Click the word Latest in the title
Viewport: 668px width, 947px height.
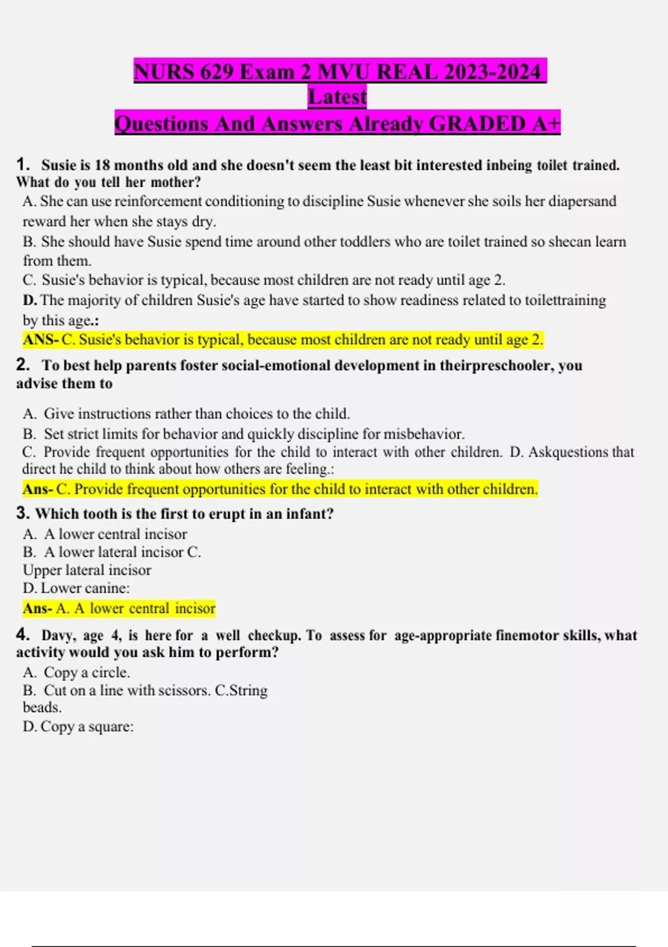tap(337, 97)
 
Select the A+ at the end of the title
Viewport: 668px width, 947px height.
tap(546, 123)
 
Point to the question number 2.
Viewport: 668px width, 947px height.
tap(23, 365)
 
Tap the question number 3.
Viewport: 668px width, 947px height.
tap(23, 513)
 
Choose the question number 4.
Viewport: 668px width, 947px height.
tap(23, 634)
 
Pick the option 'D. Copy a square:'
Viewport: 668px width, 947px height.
tap(78, 726)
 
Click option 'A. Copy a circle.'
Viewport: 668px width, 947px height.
tap(76, 672)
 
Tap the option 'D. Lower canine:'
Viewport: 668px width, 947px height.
tap(76, 588)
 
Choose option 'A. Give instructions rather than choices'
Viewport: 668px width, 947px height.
tap(186, 414)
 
